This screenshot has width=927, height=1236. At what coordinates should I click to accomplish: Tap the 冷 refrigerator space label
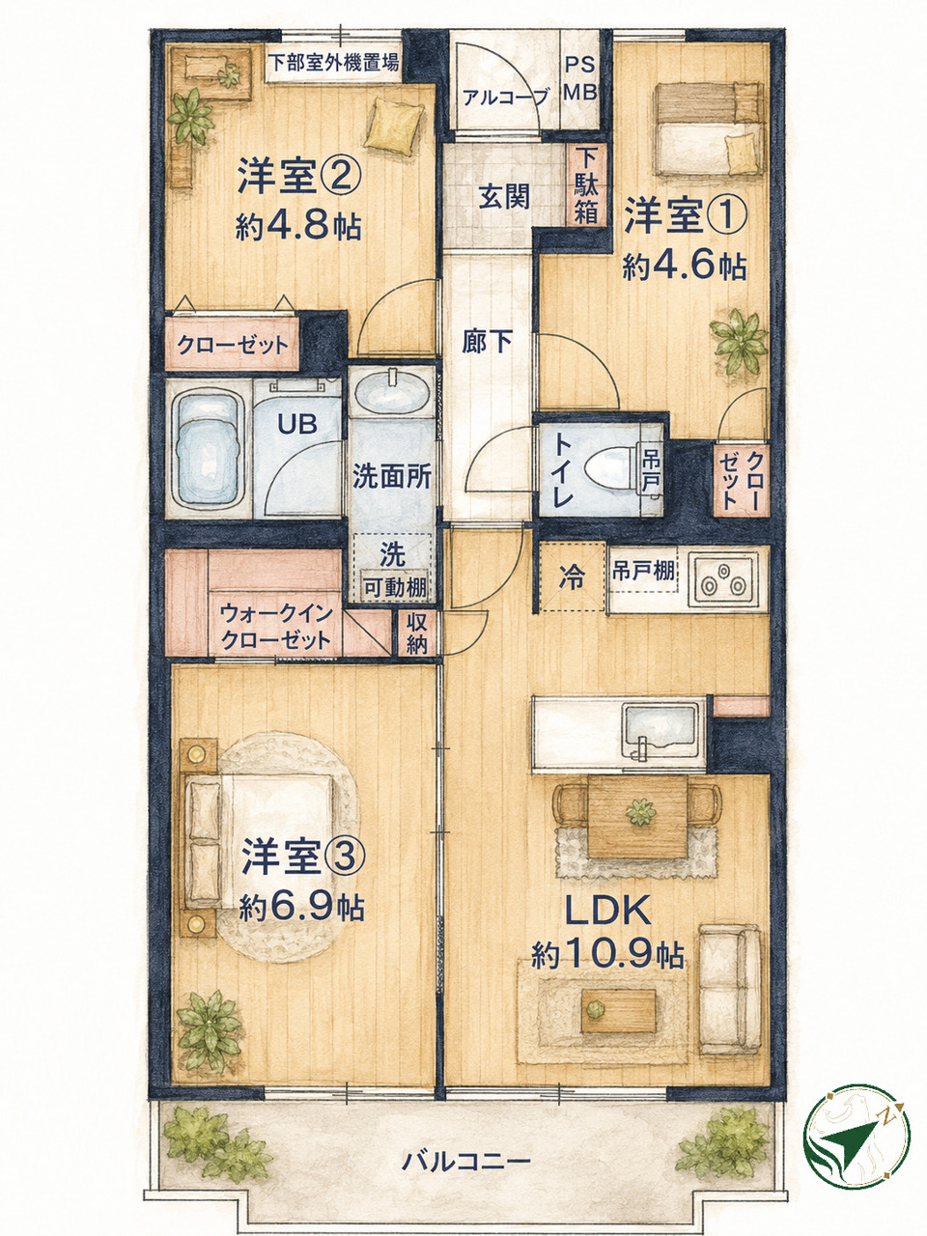(572, 577)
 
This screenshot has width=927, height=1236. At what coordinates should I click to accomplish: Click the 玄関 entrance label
(504, 197)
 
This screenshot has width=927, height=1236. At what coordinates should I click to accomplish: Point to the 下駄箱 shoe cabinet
(586, 184)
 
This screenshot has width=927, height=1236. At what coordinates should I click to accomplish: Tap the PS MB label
(580, 78)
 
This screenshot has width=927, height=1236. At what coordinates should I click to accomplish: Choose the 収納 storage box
(417, 634)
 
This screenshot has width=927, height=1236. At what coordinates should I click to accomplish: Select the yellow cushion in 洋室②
(393, 126)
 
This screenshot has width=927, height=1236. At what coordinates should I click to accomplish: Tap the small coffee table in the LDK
(619, 1011)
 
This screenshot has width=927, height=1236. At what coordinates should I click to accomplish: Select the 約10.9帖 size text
(608, 956)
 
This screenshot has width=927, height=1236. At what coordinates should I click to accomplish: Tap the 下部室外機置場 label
(334, 62)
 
